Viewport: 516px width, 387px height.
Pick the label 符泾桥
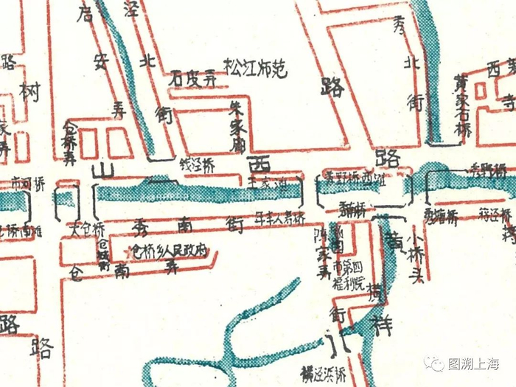495,215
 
